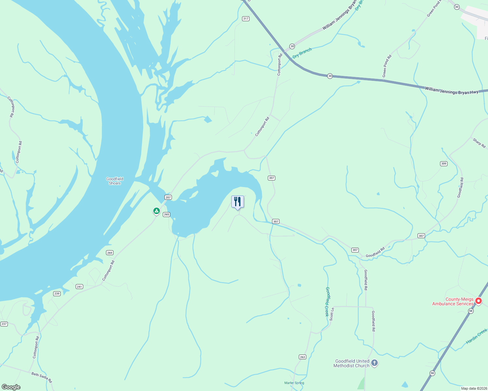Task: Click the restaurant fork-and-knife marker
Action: coord(237,202)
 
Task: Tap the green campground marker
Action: coord(157,211)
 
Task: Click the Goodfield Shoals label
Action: coord(115,181)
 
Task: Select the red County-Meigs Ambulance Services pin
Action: coord(478,301)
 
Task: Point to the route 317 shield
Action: coord(246,19)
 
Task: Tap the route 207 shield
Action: coord(168,197)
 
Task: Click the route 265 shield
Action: coord(166,214)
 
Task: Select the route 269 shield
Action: coord(110,253)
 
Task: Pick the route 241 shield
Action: coord(79,287)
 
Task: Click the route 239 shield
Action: coord(57,294)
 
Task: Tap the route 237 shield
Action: coord(4,324)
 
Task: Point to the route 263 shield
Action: coord(302,357)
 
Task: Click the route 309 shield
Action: coord(444,164)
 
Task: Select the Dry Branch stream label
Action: coord(302,53)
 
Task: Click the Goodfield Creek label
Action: coord(327,301)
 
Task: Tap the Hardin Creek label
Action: coord(477,336)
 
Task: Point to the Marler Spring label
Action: coord(294,383)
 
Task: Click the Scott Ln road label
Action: coord(332,314)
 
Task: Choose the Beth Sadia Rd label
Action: coord(41,377)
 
